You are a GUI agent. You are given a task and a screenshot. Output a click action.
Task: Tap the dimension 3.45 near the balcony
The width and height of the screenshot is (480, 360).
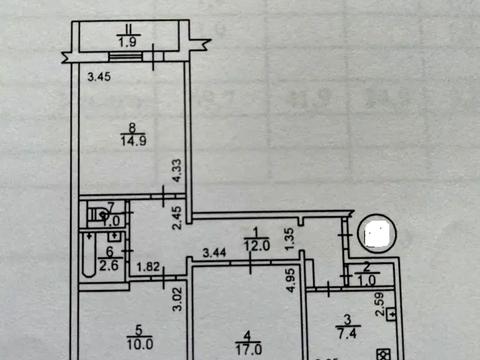97,76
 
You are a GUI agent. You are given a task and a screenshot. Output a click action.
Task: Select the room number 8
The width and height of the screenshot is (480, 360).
132,128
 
